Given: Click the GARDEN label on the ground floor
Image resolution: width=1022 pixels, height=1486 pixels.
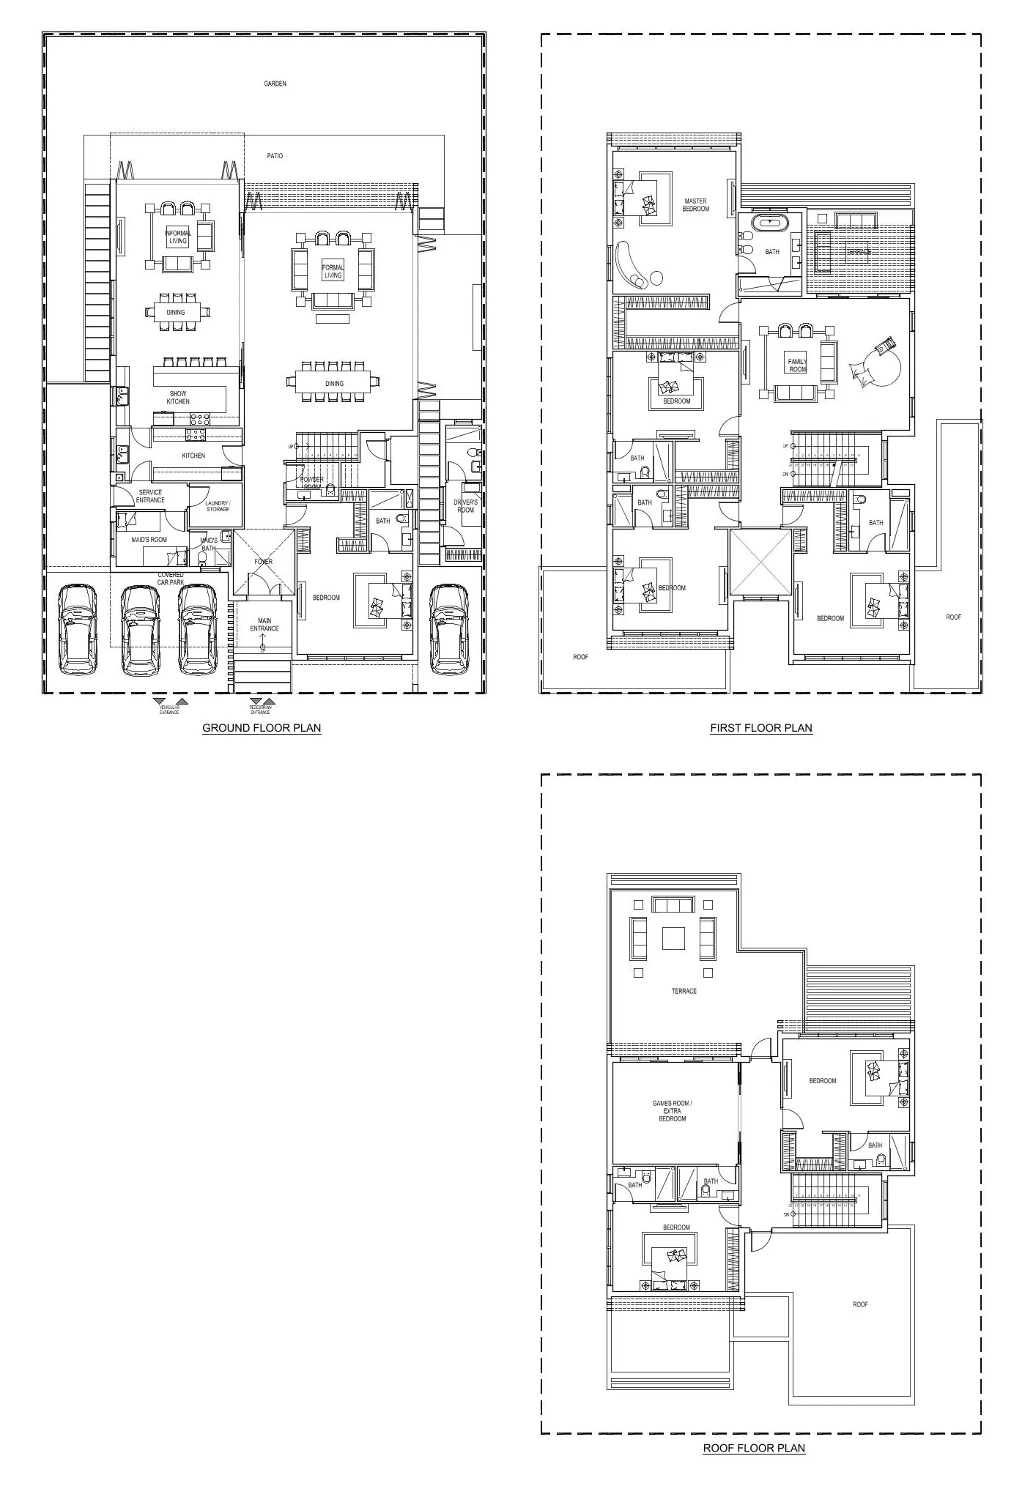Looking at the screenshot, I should click(x=275, y=84).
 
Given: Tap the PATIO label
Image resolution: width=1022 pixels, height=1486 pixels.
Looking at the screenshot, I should click(x=275, y=156).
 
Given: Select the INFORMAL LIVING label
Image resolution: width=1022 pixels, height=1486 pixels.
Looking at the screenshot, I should click(x=178, y=237).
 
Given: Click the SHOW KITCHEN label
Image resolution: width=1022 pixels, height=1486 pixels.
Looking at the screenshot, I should click(x=178, y=398).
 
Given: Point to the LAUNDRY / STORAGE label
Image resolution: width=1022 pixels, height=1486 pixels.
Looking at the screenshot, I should click(x=218, y=506).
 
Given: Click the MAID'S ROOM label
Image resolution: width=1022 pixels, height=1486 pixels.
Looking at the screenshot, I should click(x=149, y=540).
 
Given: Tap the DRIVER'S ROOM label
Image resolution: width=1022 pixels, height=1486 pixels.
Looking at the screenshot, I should click(x=465, y=506).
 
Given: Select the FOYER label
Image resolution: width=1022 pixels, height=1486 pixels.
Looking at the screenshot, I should click(x=264, y=562).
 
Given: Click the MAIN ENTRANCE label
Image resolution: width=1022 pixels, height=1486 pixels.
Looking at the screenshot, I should click(x=264, y=625).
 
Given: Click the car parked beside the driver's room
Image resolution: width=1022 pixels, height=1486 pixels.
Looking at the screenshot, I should click(x=449, y=628).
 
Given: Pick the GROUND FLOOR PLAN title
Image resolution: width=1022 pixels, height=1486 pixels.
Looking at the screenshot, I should click(x=262, y=728).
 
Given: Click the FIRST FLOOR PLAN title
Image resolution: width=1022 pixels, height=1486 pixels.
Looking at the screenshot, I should click(x=761, y=728).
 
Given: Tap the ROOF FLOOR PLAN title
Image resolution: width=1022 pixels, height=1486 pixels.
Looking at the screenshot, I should click(x=754, y=1448).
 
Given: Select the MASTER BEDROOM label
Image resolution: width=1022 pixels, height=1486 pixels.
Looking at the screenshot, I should click(x=695, y=205).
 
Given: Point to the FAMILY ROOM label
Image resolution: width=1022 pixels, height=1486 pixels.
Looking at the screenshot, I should click(x=797, y=365).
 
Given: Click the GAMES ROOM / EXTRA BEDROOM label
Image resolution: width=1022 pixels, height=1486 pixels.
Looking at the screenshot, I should click(x=672, y=1111).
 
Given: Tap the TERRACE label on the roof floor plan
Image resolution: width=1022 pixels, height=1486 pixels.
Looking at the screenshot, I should click(x=684, y=991).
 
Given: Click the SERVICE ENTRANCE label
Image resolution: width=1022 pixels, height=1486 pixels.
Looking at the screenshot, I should click(x=150, y=497).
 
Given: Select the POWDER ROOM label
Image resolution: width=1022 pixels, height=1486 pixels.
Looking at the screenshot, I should click(x=311, y=483).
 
